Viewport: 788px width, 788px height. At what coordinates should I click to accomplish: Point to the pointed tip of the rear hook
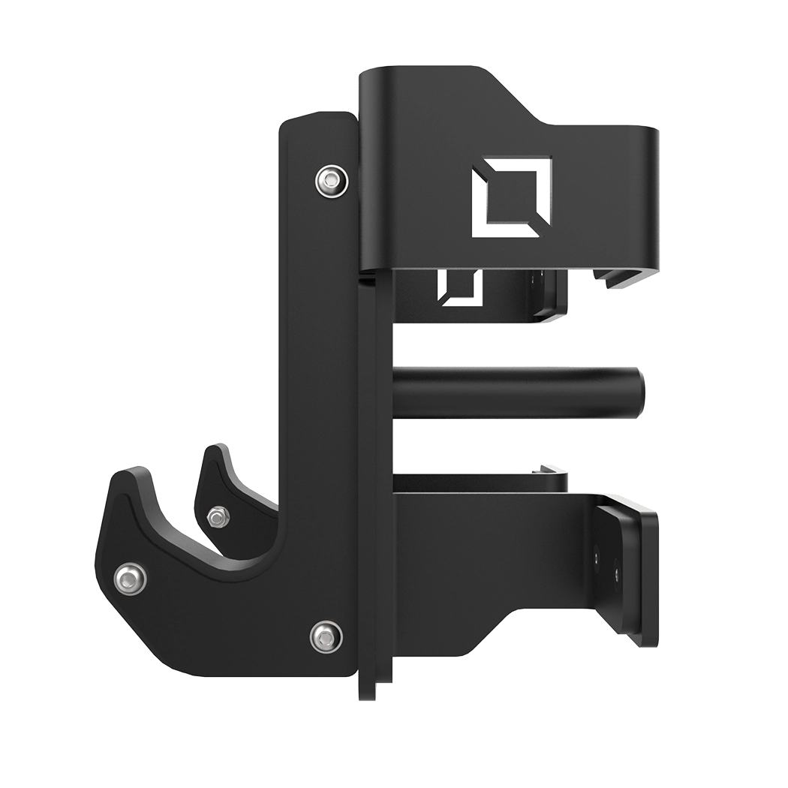[212, 450]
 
